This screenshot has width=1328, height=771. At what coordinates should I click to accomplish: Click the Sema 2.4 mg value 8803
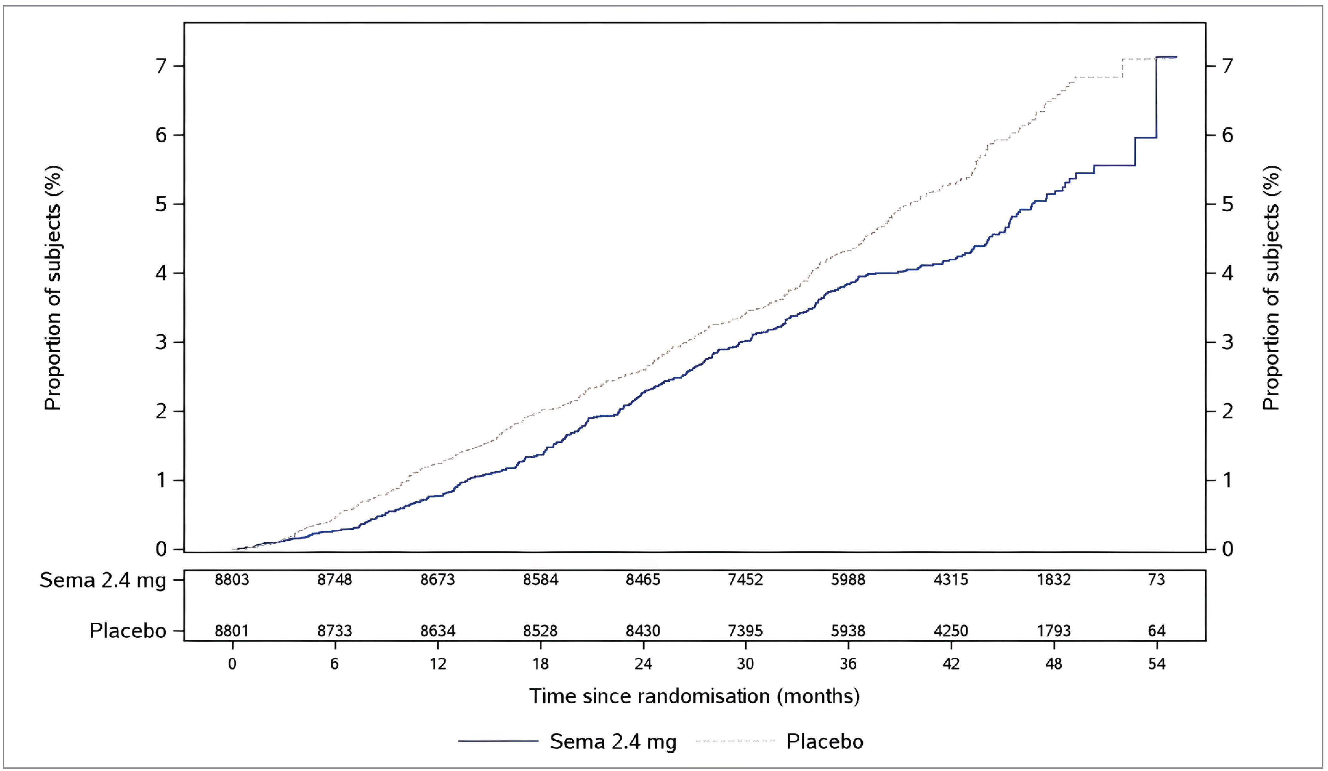[x=232, y=580]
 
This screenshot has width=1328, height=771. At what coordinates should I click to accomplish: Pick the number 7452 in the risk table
[x=745, y=580]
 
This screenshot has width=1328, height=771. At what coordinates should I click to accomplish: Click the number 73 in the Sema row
[x=1156, y=580]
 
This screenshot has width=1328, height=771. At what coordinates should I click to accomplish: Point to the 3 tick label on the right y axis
[x=1227, y=342]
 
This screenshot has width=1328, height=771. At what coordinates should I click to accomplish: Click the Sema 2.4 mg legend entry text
[x=613, y=742]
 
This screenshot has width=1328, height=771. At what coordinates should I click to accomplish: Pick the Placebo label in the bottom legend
[x=825, y=742]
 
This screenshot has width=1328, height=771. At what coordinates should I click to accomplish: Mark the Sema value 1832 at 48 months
[x=1054, y=580]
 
